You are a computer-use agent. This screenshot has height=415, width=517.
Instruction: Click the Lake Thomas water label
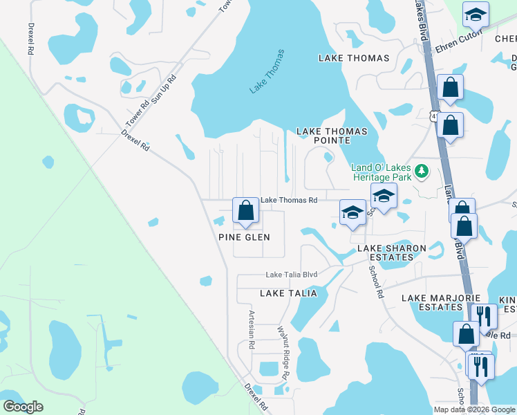tap(267, 71)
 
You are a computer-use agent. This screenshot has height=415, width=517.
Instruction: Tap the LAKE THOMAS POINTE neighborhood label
tap(331, 136)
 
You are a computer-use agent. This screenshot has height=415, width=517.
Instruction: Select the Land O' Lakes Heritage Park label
tap(381, 172)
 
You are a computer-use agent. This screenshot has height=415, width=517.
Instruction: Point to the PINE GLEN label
tap(244, 237)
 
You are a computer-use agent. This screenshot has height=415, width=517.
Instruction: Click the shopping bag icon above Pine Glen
tap(246, 210)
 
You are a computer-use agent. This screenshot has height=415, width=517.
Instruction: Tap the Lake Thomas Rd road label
tap(288, 201)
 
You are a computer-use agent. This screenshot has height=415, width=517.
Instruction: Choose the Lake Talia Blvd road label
tap(292, 275)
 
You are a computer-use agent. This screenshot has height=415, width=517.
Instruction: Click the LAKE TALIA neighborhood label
tap(288, 293)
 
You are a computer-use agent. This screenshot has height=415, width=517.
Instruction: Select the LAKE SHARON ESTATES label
tap(385, 252)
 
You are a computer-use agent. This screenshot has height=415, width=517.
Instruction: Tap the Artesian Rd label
tap(252, 329)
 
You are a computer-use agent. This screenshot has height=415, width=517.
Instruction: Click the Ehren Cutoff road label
tap(454, 47)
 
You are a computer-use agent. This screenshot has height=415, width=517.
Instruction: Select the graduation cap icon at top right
tap(476, 14)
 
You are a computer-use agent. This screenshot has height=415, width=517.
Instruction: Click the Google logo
tap(23, 407)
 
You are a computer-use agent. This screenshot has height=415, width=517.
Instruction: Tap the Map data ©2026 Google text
tap(475, 409)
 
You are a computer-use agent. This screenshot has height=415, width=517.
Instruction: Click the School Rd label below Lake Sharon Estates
tap(376, 282)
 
